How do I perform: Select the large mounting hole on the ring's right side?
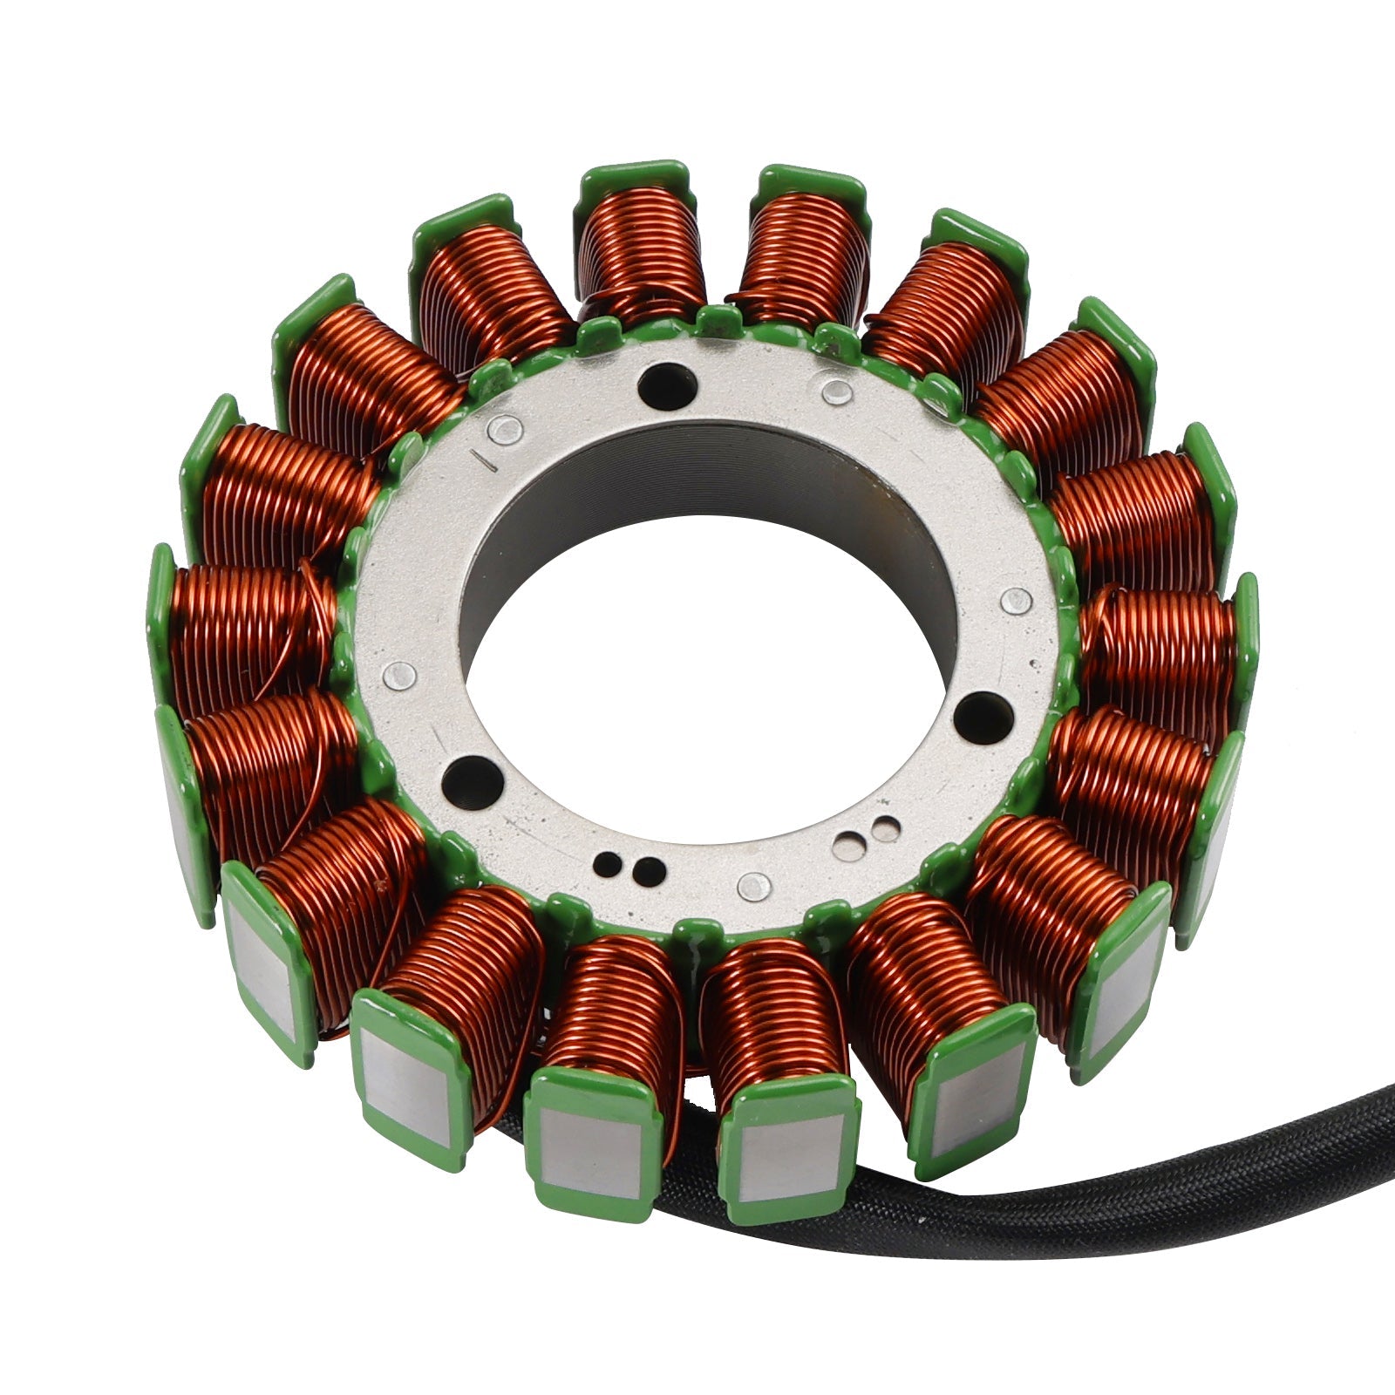(983, 706)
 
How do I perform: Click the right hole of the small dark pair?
(648, 868)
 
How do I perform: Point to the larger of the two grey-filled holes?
(848, 842)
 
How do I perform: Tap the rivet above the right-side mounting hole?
(1017, 599)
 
